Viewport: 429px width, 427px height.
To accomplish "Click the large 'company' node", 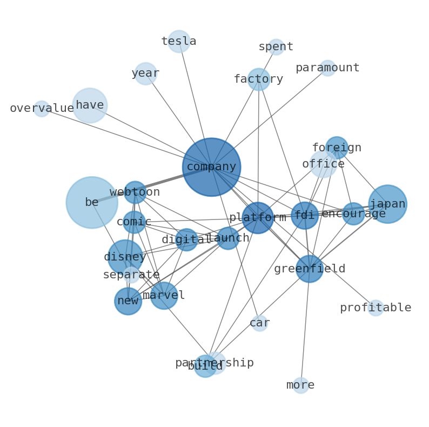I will click(211, 167).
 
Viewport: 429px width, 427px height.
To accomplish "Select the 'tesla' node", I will click(179, 42).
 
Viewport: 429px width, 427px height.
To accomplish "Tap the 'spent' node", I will click(276, 47).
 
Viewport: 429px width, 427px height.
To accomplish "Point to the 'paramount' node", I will click(327, 68).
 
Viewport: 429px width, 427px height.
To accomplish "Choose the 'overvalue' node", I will click(42, 109).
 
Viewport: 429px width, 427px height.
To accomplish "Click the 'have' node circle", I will click(90, 105).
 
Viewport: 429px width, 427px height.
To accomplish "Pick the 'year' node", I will click(145, 74).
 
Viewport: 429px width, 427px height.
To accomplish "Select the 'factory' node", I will click(259, 79).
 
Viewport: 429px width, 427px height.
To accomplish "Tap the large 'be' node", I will click(92, 203).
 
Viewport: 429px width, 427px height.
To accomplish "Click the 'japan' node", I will click(387, 204).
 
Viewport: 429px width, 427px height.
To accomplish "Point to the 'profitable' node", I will click(376, 308).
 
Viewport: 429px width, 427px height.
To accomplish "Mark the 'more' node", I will click(300, 385).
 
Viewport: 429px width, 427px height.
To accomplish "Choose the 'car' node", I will click(259, 323).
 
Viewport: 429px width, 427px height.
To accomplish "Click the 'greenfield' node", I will click(310, 269).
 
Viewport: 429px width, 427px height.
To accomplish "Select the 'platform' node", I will click(258, 218).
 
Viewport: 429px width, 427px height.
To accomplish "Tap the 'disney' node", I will click(125, 257).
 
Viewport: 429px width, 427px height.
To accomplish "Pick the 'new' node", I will click(128, 301).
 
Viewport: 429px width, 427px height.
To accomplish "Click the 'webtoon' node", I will click(135, 192).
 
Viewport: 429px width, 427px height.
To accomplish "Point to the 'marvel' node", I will click(164, 296).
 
